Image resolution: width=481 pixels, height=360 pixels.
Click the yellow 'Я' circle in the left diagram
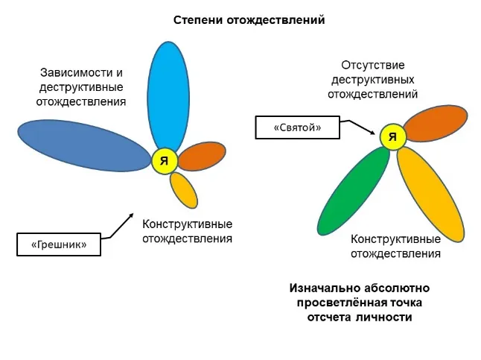coord(164,160)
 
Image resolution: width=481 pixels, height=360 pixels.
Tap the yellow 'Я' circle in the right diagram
coord(392,136)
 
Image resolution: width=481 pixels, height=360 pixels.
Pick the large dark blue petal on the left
coord(83,145)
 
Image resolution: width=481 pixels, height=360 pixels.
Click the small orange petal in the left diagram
coord(202,156)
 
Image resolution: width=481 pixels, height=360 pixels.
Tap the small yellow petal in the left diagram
coord(184,190)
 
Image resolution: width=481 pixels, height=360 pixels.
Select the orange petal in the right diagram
coord(434,124)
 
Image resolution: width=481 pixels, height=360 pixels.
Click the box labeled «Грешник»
coord(58,244)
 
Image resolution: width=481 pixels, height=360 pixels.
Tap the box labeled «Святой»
coord(297,127)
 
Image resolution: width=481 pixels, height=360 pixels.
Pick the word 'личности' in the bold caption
coord(388,316)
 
